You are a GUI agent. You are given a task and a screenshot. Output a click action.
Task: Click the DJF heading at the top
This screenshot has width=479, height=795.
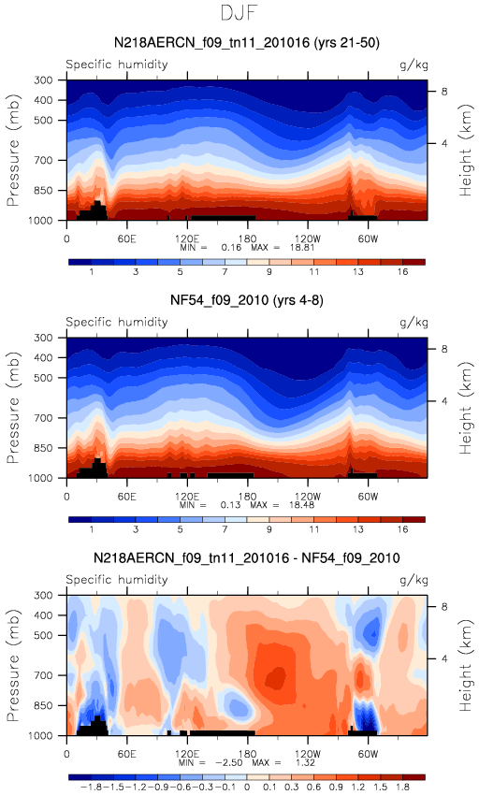click(239, 13)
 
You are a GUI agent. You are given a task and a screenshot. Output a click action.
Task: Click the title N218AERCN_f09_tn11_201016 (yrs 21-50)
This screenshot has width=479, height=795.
click(247, 43)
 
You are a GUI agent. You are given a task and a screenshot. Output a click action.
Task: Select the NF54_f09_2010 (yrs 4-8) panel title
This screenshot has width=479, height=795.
click(247, 300)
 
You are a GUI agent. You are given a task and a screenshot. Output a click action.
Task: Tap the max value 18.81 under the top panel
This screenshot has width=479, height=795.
click(302, 248)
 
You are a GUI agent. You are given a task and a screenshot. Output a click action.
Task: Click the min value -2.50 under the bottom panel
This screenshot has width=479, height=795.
click(231, 763)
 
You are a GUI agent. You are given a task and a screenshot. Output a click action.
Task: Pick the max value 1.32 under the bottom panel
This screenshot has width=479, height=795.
click(304, 763)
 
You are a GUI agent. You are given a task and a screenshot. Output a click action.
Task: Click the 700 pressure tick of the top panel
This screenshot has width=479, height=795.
click(44, 160)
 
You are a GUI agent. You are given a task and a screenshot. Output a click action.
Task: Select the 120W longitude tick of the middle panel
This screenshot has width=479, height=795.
click(308, 497)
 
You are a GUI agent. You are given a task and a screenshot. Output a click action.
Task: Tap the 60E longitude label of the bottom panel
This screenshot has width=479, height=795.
click(127, 754)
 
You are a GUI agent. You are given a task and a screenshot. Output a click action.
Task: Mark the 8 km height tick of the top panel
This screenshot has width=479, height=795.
click(444, 92)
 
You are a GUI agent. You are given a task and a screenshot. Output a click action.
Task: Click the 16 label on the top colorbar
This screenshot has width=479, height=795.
click(402, 272)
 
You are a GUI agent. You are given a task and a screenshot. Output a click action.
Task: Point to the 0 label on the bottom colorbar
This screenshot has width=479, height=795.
click(247, 787)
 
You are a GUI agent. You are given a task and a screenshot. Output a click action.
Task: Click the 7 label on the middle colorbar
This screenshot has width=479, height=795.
click(225, 529)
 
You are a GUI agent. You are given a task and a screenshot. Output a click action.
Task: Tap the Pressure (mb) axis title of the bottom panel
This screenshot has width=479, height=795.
click(13, 665)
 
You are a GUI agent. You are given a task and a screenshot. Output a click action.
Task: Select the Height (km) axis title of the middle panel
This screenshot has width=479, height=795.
click(466, 408)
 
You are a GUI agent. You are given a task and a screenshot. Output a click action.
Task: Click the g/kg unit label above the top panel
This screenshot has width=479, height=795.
click(414, 65)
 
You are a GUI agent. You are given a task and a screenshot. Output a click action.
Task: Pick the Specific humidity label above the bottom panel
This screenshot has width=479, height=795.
click(117, 580)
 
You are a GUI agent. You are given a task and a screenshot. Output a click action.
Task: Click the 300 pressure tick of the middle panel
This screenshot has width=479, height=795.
click(44, 338)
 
